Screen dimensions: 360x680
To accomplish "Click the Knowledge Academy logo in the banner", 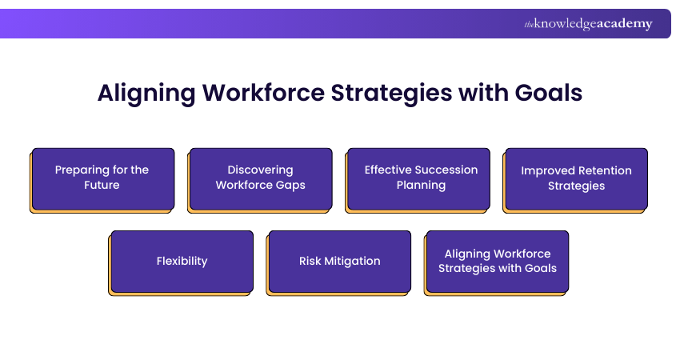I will point(588,24).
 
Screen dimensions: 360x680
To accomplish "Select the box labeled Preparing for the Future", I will point(102,178).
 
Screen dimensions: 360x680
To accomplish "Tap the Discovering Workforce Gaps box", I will point(260,178).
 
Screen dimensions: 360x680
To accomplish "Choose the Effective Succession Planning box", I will point(418,178).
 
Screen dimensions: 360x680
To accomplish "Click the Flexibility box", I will point(182,261).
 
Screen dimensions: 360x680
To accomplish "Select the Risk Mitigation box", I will point(339,261).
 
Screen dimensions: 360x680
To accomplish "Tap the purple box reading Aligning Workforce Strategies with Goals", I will point(497,261).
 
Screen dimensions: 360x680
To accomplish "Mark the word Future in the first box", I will point(102,185).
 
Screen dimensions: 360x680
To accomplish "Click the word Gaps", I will point(290,185).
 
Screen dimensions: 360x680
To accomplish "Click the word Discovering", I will point(260,170).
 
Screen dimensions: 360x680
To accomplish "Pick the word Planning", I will point(421,185).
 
